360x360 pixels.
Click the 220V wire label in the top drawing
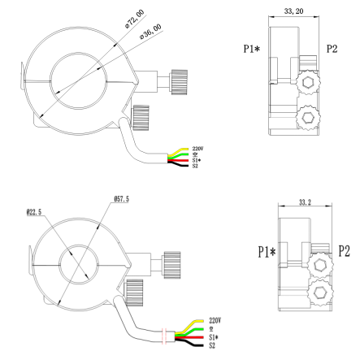(x=197, y=148)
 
